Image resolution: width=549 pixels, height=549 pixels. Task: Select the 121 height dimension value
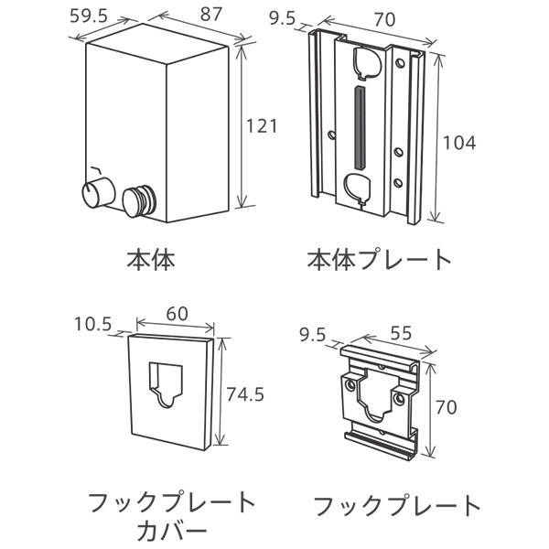pyautogui.click(x=262, y=126)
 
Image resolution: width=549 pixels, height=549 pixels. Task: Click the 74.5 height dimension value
pyautogui.click(x=245, y=394)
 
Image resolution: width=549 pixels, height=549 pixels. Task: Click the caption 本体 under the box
pyautogui.click(x=151, y=260)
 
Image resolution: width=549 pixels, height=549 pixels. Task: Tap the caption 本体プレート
pyautogui.click(x=380, y=260)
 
